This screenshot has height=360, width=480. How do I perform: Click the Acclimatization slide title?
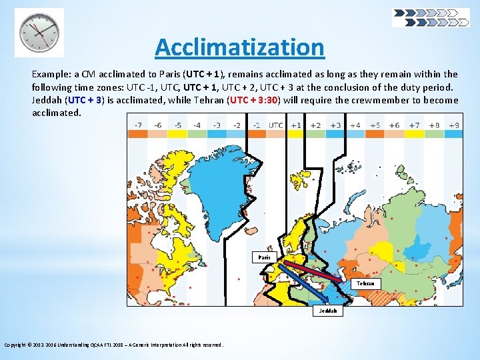pos(239,47)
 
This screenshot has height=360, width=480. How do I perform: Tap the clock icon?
pos(39,32)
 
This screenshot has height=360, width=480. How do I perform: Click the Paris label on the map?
pos(265,257)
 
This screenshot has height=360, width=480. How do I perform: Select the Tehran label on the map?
pos(365,283)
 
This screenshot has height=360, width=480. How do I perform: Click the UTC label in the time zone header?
pos(276,125)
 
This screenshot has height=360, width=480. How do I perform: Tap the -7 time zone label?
pos(138,125)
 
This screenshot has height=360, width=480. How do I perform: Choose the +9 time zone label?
pos(453,125)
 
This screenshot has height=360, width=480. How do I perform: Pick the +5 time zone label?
pos(375,125)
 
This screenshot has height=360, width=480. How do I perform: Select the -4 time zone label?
pos(197,125)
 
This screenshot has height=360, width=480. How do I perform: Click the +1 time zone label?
pos(296,125)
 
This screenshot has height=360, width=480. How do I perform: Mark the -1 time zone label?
pos(256,125)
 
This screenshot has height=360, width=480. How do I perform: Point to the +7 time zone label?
pos(414,125)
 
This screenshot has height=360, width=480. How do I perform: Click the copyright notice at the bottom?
pos(114,345)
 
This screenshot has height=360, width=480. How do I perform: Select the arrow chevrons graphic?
pos(430,17)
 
